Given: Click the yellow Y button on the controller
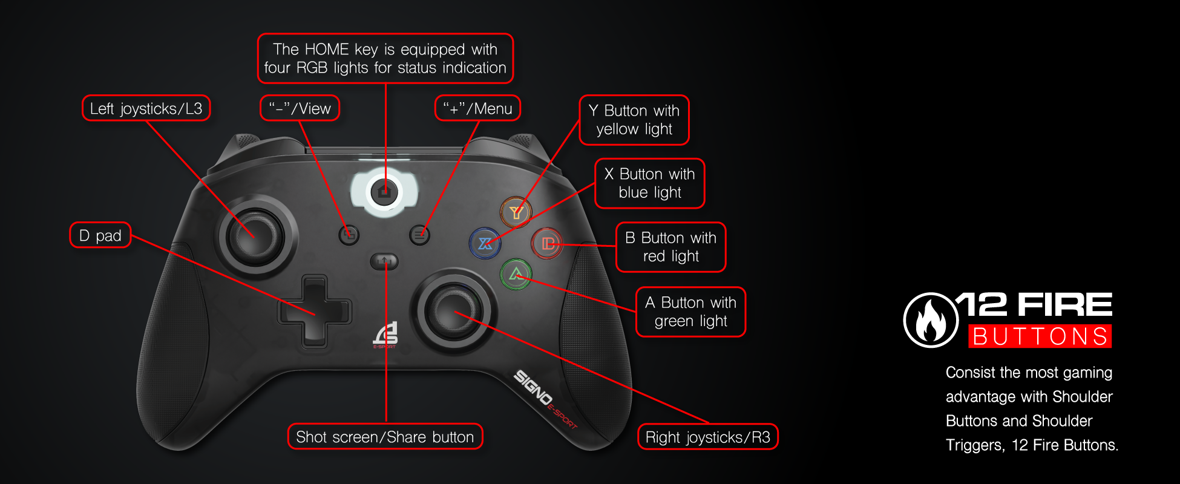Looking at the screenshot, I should tap(516, 212).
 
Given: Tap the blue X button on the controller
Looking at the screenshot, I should tap(485, 243).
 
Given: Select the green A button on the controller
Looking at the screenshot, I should tap(516, 275).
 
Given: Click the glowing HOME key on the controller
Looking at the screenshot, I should tap(384, 192).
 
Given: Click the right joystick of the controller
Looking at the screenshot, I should tap(453, 312).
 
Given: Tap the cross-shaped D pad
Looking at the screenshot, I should tap(315, 311).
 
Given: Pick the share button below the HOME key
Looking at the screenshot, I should tap(384, 261).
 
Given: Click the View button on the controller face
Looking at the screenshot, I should tap(349, 234).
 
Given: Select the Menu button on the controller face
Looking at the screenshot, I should tap(419, 234).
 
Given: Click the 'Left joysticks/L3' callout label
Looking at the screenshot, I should tap(146, 109).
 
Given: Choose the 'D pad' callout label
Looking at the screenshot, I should tap(100, 235).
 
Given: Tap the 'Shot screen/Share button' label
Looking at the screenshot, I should tap(385, 437).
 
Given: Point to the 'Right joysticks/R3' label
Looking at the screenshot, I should tap(707, 437).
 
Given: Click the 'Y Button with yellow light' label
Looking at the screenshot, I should tap(634, 120).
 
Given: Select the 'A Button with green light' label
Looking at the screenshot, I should tap(690, 312).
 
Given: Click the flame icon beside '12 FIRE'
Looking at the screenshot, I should tap(931, 320).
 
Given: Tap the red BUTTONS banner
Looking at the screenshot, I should tap(1040, 336).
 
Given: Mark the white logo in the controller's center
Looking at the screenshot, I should tap(386, 335).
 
